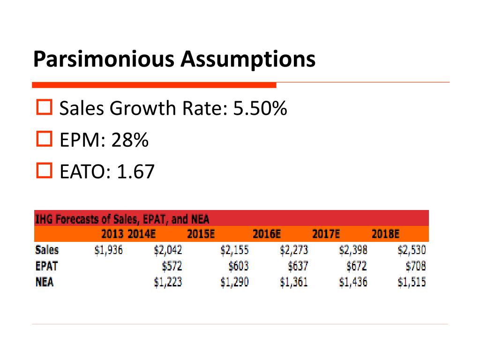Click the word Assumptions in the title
pyautogui.click(x=248, y=59)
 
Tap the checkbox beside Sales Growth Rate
pyautogui.click(x=45, y=107)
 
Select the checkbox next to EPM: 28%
pyautogui.click(x=45, y=139)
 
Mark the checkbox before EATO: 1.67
pyautogui.click(x=45, y=171)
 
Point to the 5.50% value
pyautogui.click(x=260, y=108)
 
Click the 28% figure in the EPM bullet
pyautogui.click(x=130, y=140)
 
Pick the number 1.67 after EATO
pyautogui.click(x=135, y=172)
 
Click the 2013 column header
pyautogui.click(x=112, y=234)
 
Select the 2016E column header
pyautogui.click(x=267, y=234)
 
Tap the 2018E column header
pyautogui.click(x=385, y=234)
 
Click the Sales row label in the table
pyautogui.click(x=47, y=250)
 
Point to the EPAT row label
pyautogui.click(x=46, y=266)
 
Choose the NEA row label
pyautogui.click(x=45, y=282)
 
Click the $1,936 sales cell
pyautogui.click(x=109, y=250)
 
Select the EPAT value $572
pyautogui.click(x=172, y=266)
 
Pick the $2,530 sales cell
pyautogui.click(x=412, y=250)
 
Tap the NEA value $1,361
pyautogui.click(x=294, y=282)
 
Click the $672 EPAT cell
pyautogui.click(x=357, y=266)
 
